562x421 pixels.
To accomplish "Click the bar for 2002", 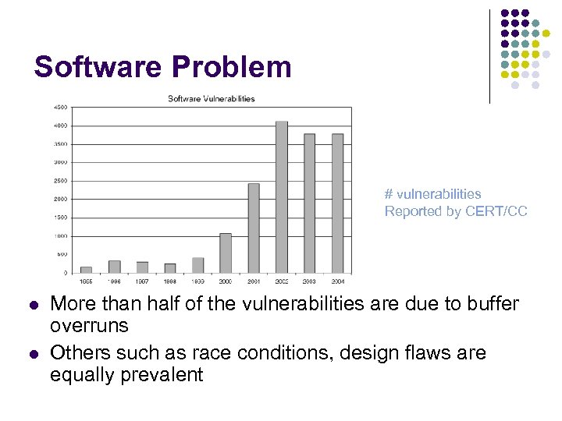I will coord(282,196).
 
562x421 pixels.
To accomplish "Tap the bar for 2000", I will coord(226,253).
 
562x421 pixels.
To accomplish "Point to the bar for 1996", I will coord(114,267).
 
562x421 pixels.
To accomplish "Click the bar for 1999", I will coord(197,265).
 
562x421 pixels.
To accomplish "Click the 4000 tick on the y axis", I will coord(59,126).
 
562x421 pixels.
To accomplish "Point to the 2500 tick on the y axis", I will coord(59,181).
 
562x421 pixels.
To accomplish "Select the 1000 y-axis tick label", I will coord(59,236).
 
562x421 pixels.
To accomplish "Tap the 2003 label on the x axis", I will coord(309,281).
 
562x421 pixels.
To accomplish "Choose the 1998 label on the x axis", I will coord(170,281).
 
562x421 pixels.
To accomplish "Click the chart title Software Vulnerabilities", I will coord(212,98).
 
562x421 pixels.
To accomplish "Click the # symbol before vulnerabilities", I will coord(388,194).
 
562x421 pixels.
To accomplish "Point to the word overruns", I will coord(89,325).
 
